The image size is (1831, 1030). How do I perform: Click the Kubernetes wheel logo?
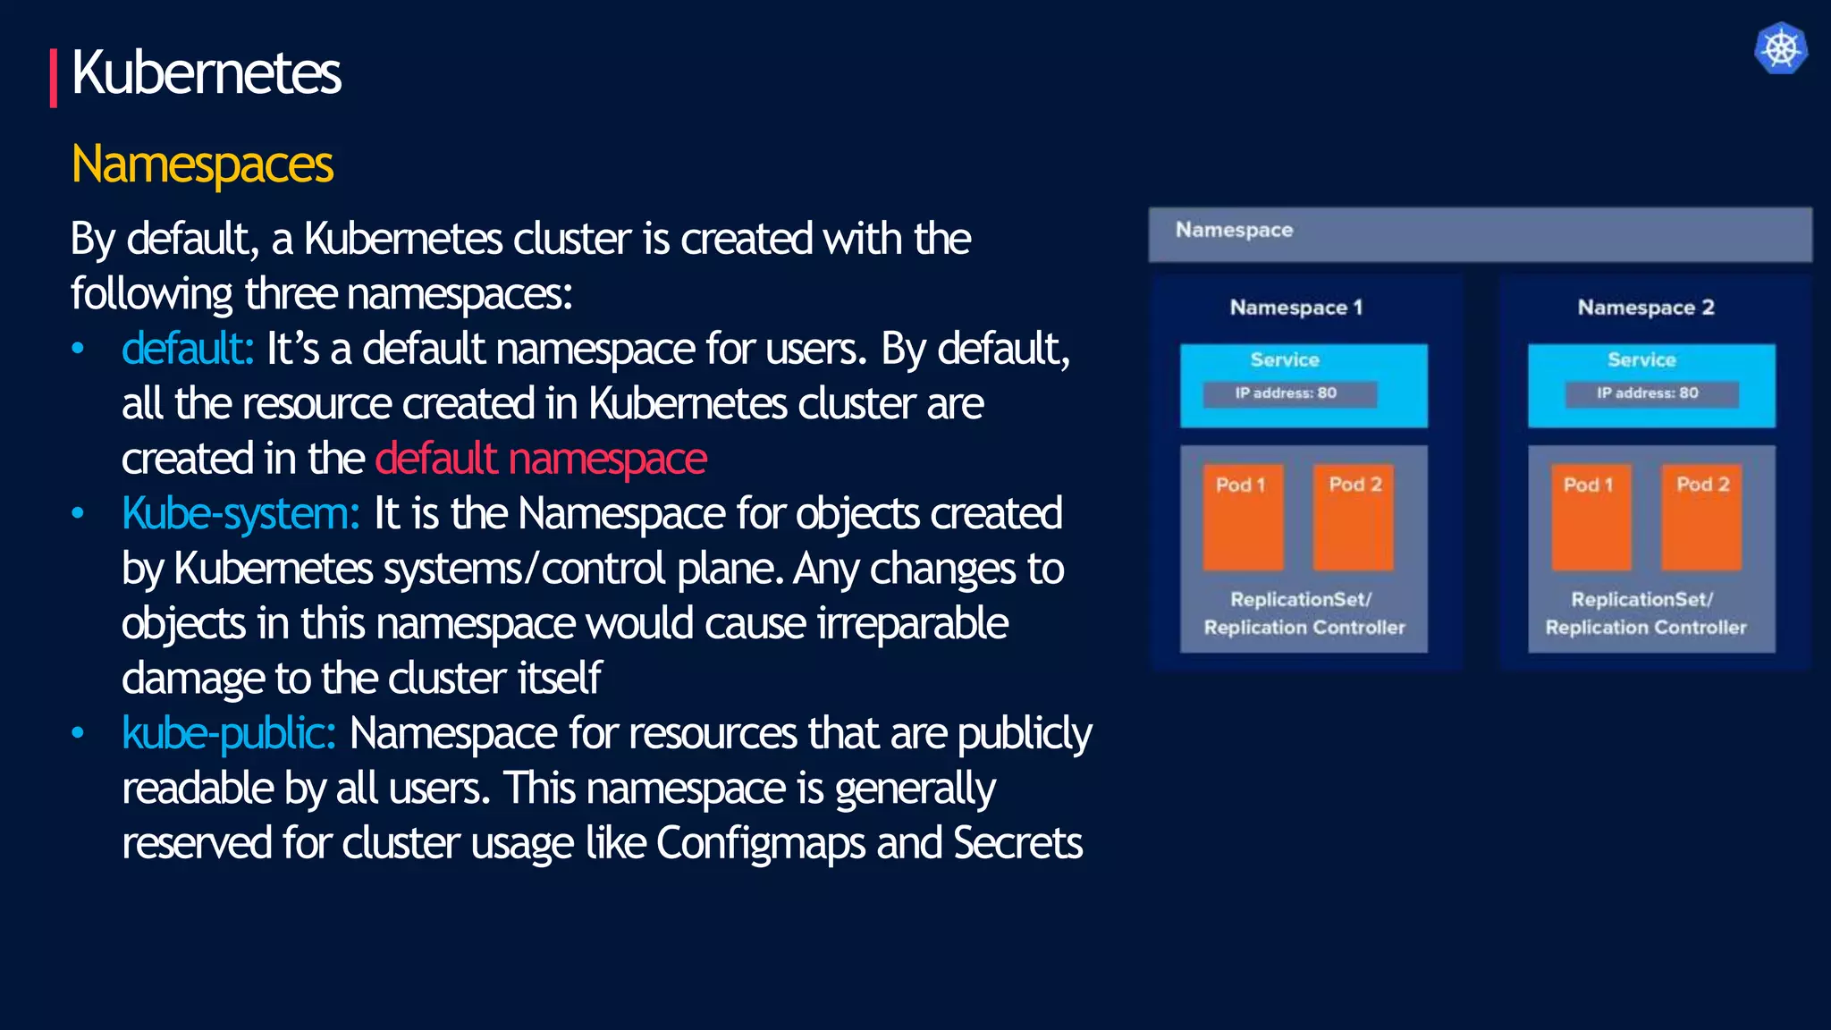[x=1781, y=48]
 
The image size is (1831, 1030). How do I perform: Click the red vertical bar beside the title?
[x=54, y=78]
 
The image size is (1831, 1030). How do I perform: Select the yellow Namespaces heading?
[x=202, y=165]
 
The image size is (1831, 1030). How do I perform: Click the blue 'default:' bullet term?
[x=188, y=349]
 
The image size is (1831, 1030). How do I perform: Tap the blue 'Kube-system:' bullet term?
[x=240, y=514]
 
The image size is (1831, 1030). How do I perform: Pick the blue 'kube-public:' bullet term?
[x=229, y=734]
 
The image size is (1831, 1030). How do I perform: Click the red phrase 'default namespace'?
[x=541, y=459]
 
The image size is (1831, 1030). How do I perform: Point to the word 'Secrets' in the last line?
[x=1017, y=843]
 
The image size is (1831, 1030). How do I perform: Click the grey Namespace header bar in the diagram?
[x=1480, y=234]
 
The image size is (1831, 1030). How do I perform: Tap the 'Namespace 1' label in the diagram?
[x=1295, y=308]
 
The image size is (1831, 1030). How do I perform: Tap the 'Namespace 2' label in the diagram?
[x=1645, y=308]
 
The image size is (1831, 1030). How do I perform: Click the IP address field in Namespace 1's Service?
[x=1288, y=393]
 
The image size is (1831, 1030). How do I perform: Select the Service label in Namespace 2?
[x=1641, y=359]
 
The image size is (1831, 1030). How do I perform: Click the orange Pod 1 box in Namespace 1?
[x=1242, y=517]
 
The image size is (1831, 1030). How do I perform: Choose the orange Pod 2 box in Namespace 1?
[x=1354, y=517]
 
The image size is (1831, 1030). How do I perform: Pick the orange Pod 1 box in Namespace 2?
[x=1591, y=517]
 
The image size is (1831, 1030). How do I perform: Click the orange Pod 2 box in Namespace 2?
[x=1701, y=517]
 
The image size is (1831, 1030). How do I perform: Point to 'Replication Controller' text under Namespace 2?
[x=1645, y=628]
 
